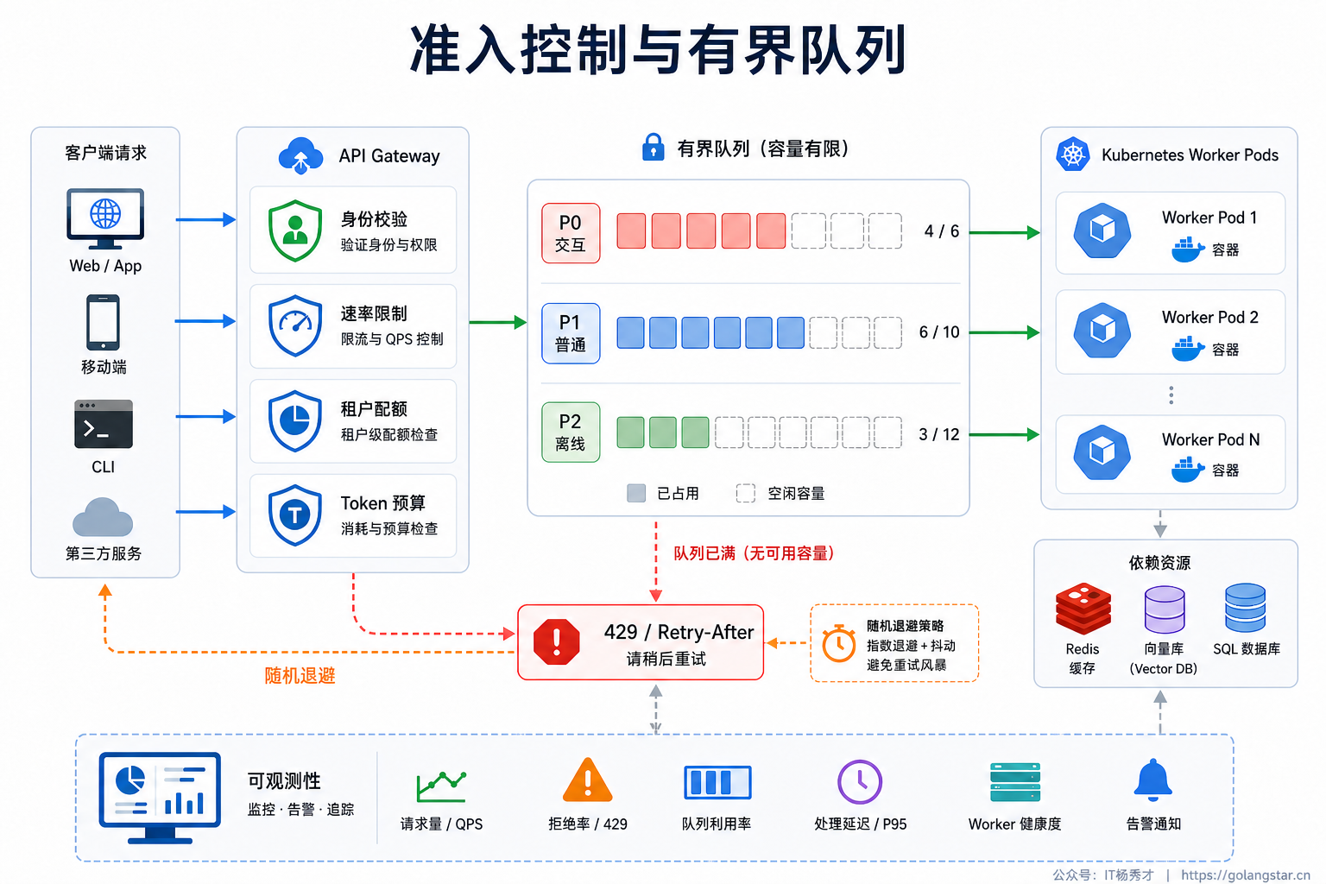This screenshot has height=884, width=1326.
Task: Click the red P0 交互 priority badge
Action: (x=571, y=233)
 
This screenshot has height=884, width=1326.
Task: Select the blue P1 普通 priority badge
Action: (x=571, y=333)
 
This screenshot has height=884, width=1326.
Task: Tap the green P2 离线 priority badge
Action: (x=571, y=433)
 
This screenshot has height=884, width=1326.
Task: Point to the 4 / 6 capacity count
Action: (x=941, y=231)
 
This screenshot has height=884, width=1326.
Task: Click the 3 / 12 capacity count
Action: (x=939, y=434)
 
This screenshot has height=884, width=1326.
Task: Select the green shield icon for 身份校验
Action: (x=294, y=230)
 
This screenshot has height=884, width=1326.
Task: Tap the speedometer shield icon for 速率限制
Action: (x=294, y=325)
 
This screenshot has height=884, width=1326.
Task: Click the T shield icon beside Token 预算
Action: (x=294, y=515)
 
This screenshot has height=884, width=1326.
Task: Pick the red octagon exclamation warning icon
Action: (x=557, y=642)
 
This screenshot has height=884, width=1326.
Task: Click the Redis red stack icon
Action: (x=1083, y=609)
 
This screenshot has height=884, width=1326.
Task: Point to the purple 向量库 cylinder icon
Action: (x=1165, y=609)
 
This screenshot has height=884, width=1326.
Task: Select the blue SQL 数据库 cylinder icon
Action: (x=1246, y=608)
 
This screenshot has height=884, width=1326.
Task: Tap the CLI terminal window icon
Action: (x=104, y=424)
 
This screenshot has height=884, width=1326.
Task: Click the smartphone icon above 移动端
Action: (x=103, y=323)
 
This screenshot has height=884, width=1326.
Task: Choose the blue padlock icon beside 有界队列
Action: (x=653, y=147)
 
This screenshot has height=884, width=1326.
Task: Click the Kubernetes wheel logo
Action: (x=1073, y=155)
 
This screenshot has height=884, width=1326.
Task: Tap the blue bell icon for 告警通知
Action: (x=1152, y=780)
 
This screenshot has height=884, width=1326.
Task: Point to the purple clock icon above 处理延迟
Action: (x=860, y=781)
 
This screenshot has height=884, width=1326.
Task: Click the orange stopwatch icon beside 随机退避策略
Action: (x=839, y=644)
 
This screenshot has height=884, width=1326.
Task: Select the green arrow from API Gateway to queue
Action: (x=498, y=322)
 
